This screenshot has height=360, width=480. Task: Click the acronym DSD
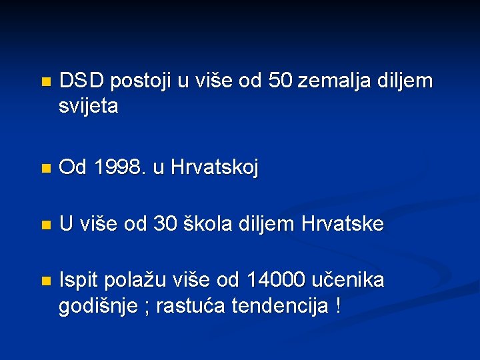click(81, 81)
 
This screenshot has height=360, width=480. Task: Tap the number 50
click(280, 81)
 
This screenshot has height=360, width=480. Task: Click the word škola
click(210, 225)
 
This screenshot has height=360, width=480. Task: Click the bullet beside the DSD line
click(45, 83)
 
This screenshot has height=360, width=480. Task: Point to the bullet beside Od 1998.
click(45, 169)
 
